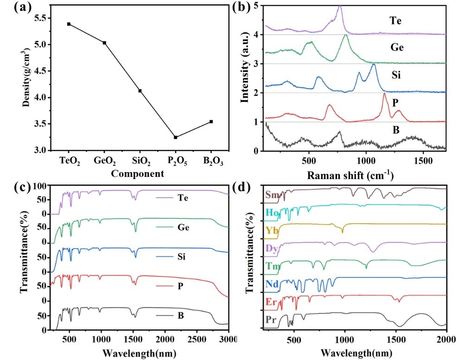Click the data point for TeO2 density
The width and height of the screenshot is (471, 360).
coord(69,24)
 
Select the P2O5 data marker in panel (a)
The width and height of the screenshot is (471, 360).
coord(175,137)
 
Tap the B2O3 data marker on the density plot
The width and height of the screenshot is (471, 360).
coord(211,122)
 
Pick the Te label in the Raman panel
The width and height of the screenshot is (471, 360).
coord(395,20)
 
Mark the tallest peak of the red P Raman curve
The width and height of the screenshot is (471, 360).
coord(384,94)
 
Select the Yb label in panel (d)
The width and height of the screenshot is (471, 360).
coord(272,230)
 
